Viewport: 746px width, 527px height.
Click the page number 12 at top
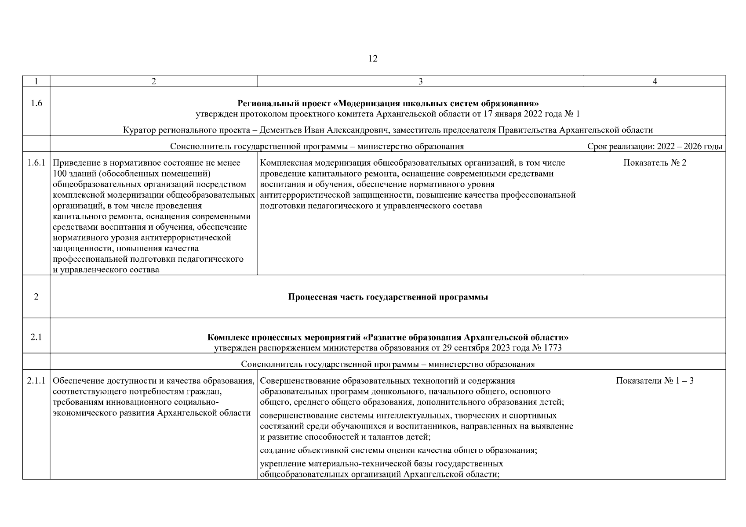pyautogui.click(x=373, y=59)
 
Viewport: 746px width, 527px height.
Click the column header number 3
pyautogui.click(x=420, y=81)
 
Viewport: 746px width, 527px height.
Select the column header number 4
pyautogui.click(x=655, y=81)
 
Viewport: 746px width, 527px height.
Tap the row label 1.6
pyautogui.click(x=36, y=104)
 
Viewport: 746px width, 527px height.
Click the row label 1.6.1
pyautogui.click(x=36, y=163)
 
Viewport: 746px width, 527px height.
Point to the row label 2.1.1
pyautogui.click(x=36, y=381)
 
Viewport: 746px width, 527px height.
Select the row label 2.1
pyautogui.click(x=36, y=337)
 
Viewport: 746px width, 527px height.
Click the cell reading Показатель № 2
pyautogui.click(x=655, y=163)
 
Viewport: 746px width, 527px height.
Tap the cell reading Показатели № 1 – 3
pyautogui.click(x=655, y=381)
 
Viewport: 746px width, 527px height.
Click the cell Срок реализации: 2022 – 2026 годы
pyautogui.click(x=655, y=146)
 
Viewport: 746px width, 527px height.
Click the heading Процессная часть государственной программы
pyautogui.click(x=388, y=297)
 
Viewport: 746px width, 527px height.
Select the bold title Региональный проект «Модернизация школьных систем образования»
pyautogui.click(x=388, y=104)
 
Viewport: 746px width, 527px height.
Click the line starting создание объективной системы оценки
pyautogui.click(x=398, y=450)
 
